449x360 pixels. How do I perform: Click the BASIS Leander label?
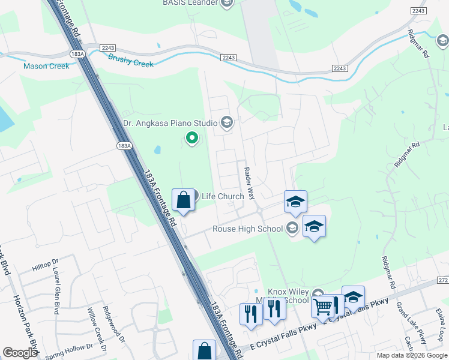189,3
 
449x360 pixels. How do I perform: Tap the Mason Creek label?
46,66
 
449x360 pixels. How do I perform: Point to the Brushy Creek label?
131,61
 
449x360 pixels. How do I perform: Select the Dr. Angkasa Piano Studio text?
170,124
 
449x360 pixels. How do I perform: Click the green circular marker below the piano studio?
192,139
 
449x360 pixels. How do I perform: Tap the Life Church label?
223,196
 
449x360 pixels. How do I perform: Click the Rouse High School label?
247,228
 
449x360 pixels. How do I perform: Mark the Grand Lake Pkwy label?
411,323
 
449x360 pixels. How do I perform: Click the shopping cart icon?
323,308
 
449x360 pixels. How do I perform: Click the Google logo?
20,353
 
